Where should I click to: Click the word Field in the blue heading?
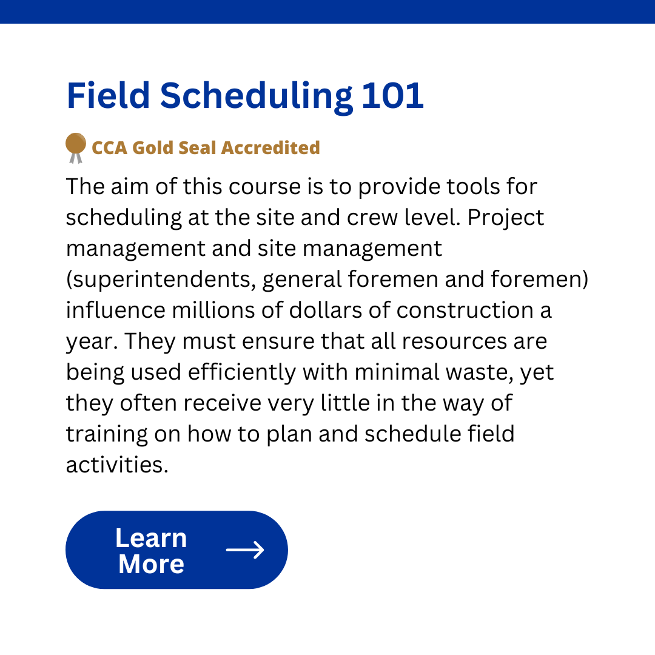pos(108,96)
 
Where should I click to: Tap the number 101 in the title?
pos(392,96)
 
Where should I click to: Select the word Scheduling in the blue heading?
pos(257,98)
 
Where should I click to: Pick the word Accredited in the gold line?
pos(270,148)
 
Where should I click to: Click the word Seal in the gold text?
pos(197,148)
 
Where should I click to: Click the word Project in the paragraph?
pos(505,218)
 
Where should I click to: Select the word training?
pos(107,434)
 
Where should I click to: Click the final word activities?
pos(117,465)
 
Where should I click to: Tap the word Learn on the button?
pos(151,538)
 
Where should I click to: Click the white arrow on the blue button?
pos(245,549)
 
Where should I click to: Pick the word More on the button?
pos(151,565)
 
